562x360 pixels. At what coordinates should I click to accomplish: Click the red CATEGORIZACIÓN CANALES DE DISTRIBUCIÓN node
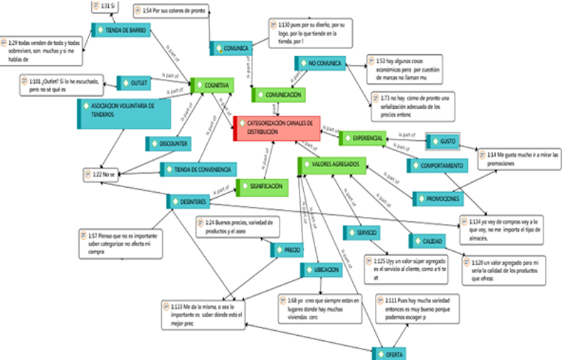276,127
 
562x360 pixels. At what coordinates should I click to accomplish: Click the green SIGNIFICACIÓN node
263,186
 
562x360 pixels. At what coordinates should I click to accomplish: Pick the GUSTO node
444,142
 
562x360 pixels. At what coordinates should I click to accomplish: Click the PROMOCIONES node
445,198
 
